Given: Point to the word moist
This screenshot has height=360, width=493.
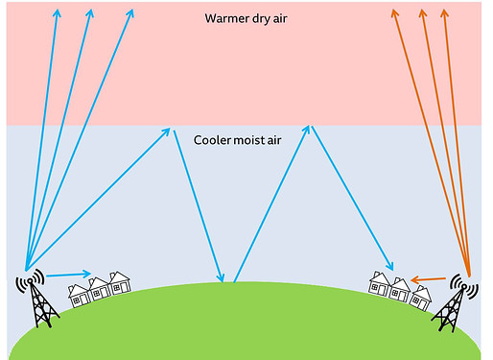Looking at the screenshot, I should pos(257,139).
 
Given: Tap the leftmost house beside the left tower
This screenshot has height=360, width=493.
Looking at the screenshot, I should pos(79,293).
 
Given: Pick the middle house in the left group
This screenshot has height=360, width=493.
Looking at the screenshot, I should pos(99,288).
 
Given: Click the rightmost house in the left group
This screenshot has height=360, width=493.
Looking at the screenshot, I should pos(119,283).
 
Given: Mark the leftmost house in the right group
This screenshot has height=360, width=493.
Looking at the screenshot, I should pos(381,283).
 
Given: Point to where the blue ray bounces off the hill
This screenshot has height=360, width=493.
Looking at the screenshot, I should pos(228,281).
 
